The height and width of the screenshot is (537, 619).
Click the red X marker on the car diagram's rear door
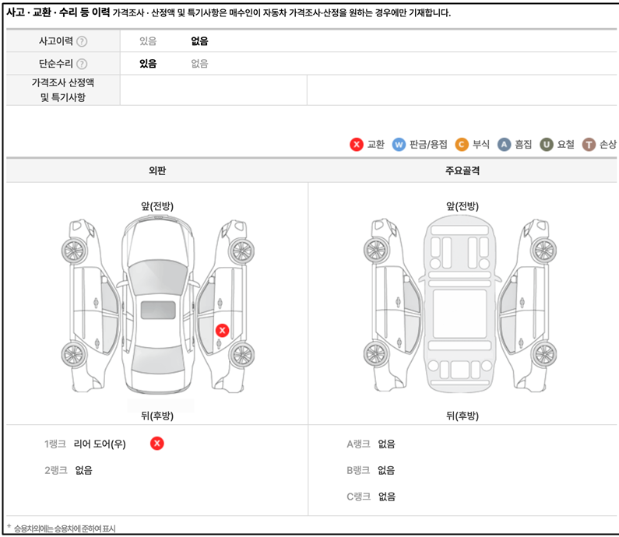tap(222, 330)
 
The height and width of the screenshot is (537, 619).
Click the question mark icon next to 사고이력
tap(82, 41)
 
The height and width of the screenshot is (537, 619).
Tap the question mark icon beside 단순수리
tap(82, 64)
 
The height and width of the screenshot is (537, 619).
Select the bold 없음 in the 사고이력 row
tap(199, 41)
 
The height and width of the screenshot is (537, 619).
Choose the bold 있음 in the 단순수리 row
tap(148, 64)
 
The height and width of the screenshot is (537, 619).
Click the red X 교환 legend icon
tap(357, 145)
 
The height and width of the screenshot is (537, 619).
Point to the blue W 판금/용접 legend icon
tap(399, 145)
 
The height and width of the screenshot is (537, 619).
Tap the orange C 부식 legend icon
tap(462, 145)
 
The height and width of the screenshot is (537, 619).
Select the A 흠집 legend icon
tap(504, 145)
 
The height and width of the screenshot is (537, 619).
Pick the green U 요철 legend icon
tap(547, 145)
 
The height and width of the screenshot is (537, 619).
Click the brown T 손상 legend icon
tap(589, 145)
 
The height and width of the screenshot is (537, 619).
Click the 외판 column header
tap(157, 170)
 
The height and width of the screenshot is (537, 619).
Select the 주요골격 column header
tap(462, 170)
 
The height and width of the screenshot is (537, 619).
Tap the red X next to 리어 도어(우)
tap(157, 444)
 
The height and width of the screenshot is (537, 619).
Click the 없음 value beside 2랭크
tap(83, 470)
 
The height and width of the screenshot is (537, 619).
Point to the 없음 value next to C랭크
tap(386, 497)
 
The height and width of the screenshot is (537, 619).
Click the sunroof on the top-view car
tap(158, 310)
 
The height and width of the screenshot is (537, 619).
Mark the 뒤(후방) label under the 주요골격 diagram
tap(462, 416)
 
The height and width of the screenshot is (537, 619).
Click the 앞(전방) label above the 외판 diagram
tap(157, 206)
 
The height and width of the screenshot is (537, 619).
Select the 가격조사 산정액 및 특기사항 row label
tap(63, 90)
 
